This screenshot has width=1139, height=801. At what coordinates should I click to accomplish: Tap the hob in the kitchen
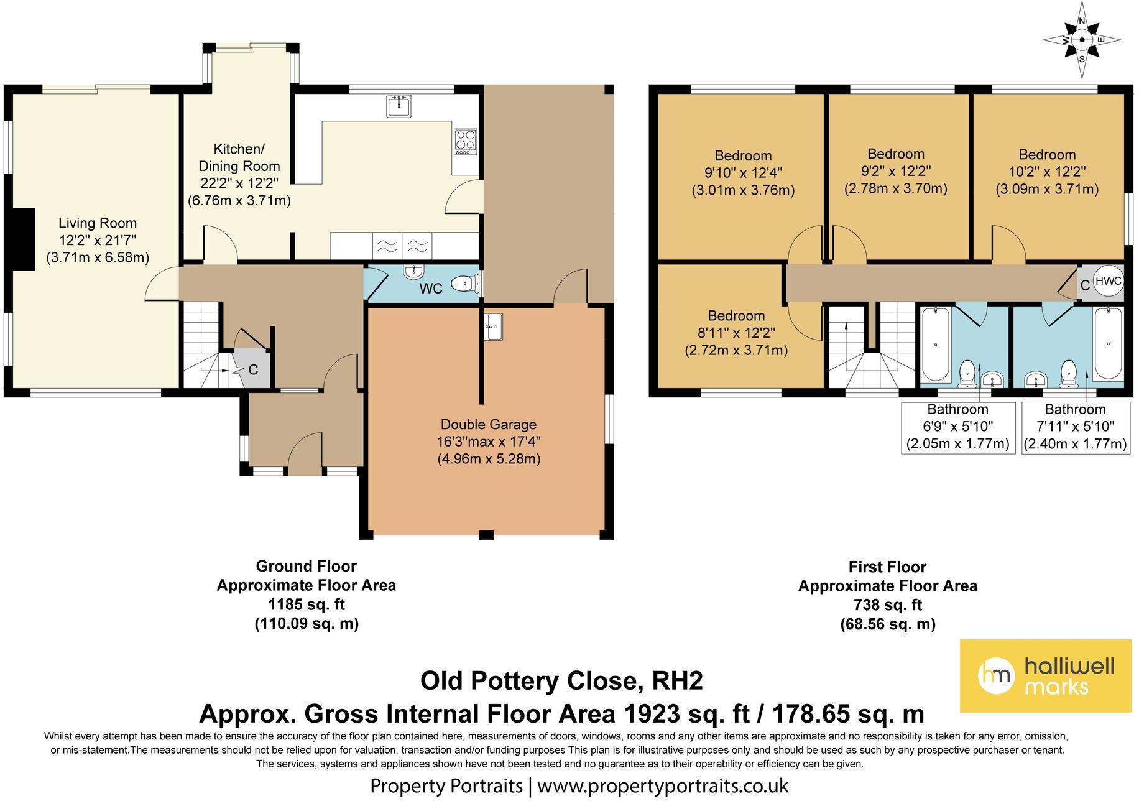pyautogui.click(x=466, y=142)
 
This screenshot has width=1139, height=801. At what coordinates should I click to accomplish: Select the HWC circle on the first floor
pyautogui.click(x=1108, y=281)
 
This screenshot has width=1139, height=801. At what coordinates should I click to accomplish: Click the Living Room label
pyautogui.click(x=98, y=240)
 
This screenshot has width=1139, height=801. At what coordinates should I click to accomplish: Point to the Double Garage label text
pyautogui.click(x=488, y=442)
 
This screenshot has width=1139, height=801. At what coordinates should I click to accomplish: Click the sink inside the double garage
pyautogui.click(x=493, y=326)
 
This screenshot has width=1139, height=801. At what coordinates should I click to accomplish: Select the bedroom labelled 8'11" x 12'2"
pyautogui.click(x=736, y=333)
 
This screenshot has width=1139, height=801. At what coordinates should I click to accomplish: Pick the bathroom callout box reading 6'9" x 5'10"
pyautogui.click(x=957, y=427)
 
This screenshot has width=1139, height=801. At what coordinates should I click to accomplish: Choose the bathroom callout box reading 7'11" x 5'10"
pyautogui.click(x=1075, y=427)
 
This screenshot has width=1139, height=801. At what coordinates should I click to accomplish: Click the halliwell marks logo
pyautogui.click(x=1045, y=675)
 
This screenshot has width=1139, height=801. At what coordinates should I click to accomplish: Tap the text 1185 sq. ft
pyautogui.click(x=307, y=604)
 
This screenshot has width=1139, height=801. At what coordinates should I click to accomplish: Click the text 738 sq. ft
pyautogui.click(x=887, y=604)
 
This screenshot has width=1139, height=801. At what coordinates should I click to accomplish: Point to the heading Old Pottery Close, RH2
pyautogui.click(x=561, y=680)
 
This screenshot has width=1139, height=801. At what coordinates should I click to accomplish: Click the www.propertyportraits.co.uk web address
pyautogui.click(x=663, y=786)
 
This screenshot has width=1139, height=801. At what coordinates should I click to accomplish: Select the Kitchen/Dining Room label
pyautogui.click(x=239, y=175)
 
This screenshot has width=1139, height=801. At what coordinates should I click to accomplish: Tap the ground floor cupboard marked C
pyautogui.click(x=253, y=370)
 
